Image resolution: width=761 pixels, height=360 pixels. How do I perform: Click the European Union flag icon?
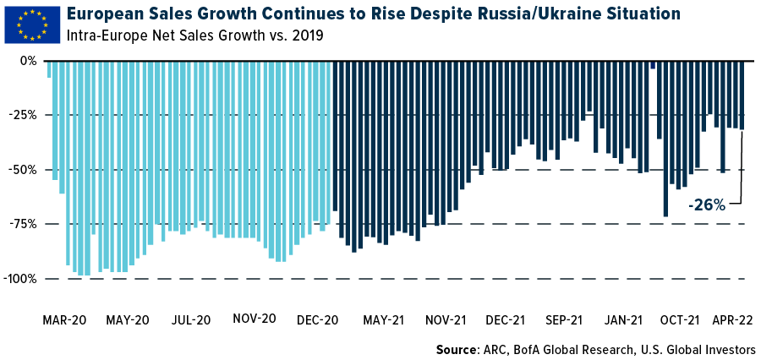[32, 24]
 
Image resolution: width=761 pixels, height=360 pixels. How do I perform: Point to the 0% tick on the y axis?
[28, 62]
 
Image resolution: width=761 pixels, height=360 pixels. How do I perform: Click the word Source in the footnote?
[457, 349]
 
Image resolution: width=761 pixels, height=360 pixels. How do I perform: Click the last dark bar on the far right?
[742, 95]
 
